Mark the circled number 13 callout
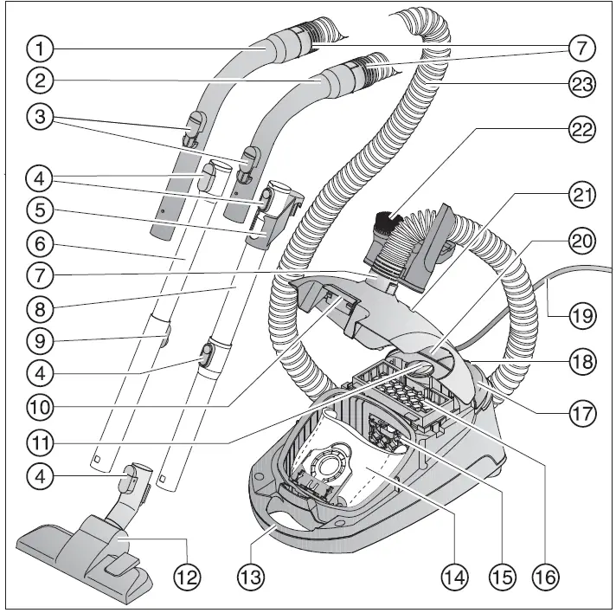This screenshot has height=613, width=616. [251, 574]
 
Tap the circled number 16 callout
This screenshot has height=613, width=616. [545, 574]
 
